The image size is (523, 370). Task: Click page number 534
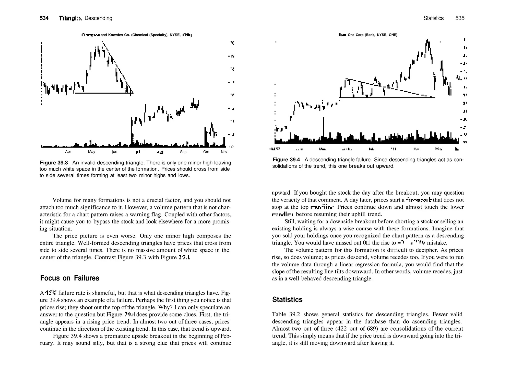click(44, 18)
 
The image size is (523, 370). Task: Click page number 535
click(460, 18)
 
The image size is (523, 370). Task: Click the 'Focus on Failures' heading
click(69, 278)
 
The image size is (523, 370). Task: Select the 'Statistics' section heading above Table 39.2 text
click(287, 300)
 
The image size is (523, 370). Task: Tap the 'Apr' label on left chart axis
click(68, 152)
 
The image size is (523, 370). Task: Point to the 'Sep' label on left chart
click(183, 152)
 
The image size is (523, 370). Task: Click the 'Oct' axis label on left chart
click(206, 152)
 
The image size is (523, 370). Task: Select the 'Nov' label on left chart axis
click(224, 152)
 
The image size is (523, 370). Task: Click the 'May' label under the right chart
click(439, 149)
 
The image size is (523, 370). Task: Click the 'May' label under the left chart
click(91, 152)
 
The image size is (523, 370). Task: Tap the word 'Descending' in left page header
click(98, 18)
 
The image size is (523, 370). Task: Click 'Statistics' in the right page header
click(433, 18)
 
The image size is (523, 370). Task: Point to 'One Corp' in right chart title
click(357, 35)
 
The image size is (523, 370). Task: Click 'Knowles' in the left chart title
click(115, 35)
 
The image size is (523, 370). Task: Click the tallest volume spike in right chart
click(324, 128)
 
